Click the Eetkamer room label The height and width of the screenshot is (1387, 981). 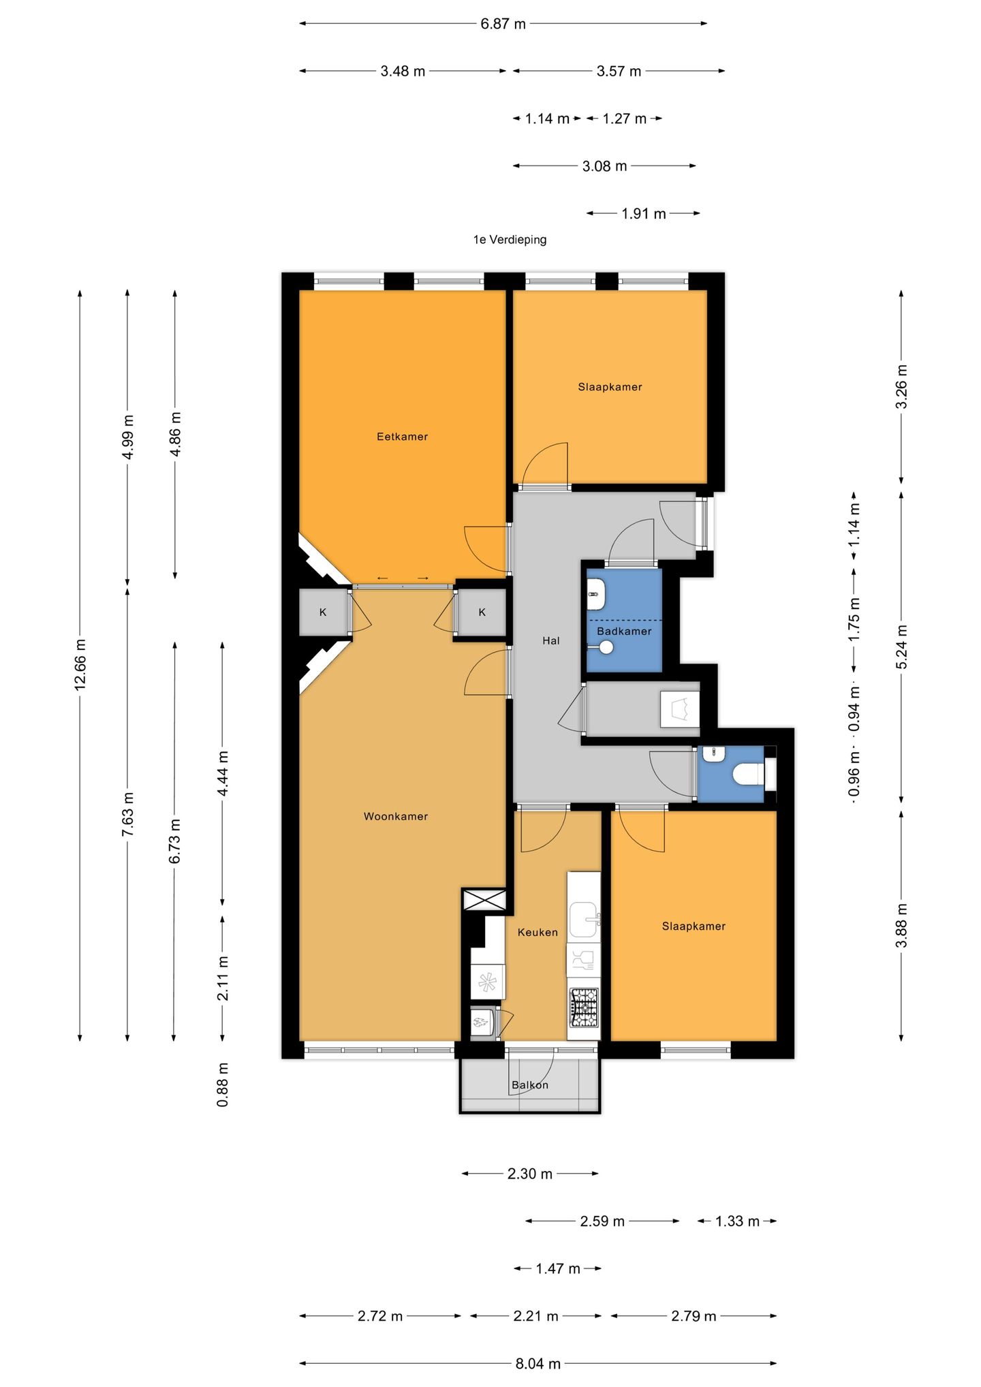(402, 437)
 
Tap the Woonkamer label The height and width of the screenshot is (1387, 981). (396, 816)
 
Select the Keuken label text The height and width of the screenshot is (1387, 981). (538, 932)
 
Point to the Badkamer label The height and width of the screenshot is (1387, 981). (624, 631)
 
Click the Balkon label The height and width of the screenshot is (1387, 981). (530, 1085)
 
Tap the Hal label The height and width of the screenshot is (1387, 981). (551, 640)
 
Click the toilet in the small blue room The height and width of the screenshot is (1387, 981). (747, 774)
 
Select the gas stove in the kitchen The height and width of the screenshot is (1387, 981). (584, 1008)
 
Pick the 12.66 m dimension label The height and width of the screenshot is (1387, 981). (80, 665)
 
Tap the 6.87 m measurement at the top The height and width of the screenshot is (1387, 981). (503, 24)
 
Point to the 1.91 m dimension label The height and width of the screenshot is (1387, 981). (644, 214)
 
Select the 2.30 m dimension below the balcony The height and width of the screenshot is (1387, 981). (530, 1174)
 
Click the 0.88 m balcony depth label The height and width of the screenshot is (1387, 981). (223, 1085)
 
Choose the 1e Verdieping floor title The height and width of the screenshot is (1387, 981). (510, 240)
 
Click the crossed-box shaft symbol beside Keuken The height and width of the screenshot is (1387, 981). (484, 900)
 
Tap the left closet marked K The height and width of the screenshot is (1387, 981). (324, 612)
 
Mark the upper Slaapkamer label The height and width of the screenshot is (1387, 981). (610, 387)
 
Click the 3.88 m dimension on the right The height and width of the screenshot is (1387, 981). (901, 925)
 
